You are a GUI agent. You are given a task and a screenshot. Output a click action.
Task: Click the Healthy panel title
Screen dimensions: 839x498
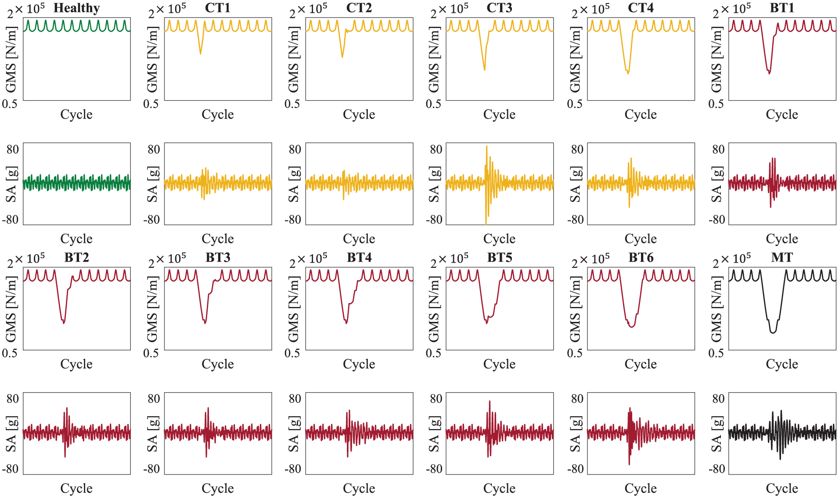77,8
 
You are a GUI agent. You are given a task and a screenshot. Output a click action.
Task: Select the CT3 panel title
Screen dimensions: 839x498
499,8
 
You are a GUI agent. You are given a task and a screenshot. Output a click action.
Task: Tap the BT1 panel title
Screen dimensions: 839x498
782,8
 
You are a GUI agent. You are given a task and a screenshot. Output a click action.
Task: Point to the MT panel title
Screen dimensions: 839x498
782,257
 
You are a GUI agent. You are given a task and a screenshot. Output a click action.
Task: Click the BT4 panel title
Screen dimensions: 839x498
359,257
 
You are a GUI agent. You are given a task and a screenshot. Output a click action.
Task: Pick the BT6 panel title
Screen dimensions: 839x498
641,257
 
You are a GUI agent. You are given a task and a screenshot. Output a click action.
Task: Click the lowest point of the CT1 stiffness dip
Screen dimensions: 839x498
201,54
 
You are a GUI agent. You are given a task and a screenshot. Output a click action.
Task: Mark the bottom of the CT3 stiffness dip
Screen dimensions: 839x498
484,70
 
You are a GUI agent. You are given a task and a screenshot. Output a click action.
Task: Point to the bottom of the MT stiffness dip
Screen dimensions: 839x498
773,333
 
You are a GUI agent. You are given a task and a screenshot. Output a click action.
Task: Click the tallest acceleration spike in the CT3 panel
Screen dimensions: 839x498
486,146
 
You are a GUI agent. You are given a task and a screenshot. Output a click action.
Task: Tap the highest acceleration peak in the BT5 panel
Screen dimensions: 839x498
490,401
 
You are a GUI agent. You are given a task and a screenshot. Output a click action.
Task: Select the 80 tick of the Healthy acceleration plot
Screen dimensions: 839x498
13,149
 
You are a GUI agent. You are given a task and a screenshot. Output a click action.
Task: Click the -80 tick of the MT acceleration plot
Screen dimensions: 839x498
717,469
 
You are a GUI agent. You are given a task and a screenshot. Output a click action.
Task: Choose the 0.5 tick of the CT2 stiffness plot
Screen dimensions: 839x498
292,104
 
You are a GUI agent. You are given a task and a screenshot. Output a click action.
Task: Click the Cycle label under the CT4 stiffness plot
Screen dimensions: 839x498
641,115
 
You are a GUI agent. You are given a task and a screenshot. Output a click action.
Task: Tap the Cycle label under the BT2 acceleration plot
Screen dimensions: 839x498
76,488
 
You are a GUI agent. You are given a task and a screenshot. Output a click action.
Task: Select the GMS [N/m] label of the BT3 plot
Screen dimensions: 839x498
152,309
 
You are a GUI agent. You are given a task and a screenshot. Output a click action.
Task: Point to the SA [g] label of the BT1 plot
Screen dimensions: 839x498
717,184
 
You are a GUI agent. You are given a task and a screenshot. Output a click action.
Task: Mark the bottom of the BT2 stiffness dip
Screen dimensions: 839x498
64,323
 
